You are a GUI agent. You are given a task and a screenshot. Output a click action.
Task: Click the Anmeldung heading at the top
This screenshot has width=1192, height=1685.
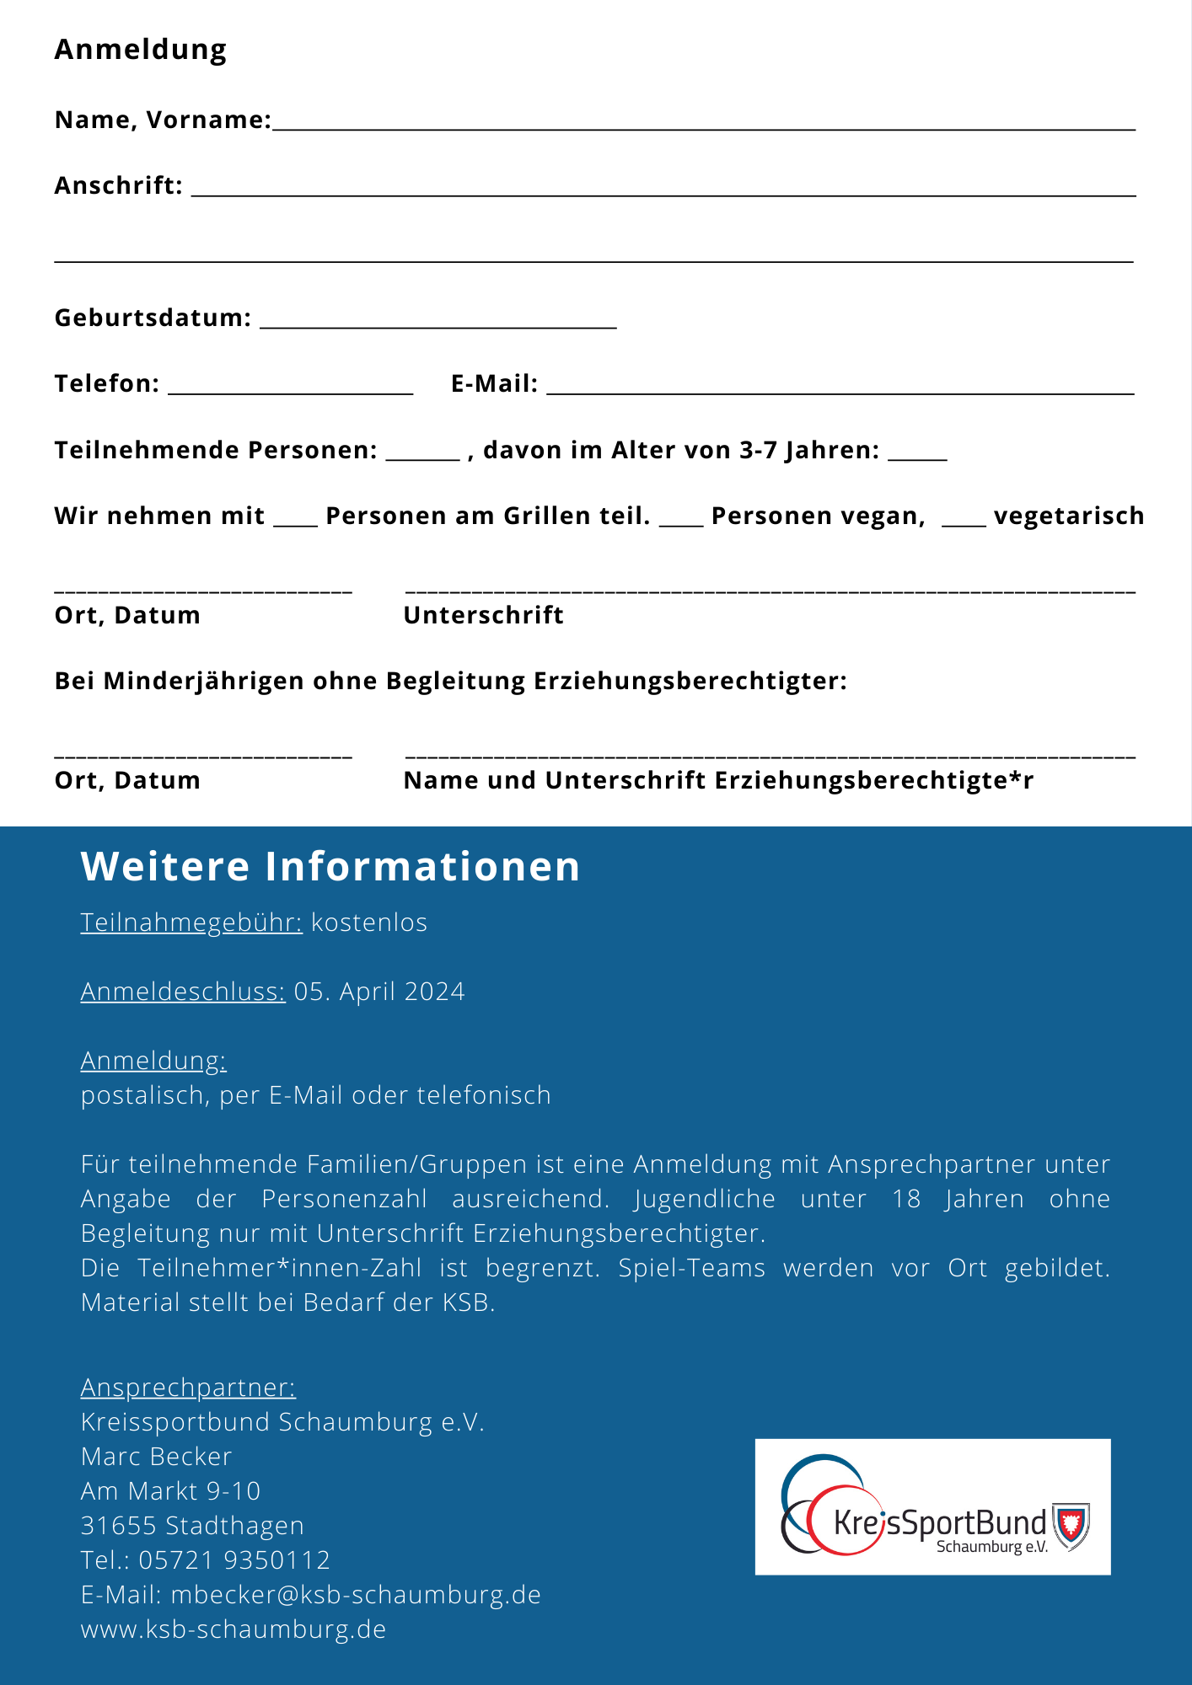pyautogui.click(x=141, y=50)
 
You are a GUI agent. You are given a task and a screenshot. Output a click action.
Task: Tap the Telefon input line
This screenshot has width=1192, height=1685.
pyautogui.click(x=290, y=390)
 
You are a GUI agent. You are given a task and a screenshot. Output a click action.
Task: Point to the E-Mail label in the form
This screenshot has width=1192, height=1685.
pyautogui.click(x=494, y=384)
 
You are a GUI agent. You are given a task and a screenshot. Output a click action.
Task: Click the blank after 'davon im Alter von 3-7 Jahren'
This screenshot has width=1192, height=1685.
pyautogui.click(x=917, y=456)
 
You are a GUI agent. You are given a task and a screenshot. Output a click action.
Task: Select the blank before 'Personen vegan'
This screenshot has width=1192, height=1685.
pyautogui.click(x=680, y=522)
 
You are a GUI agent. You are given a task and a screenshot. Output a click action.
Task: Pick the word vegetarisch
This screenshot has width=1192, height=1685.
pyautogui.click(x=1068, y=516)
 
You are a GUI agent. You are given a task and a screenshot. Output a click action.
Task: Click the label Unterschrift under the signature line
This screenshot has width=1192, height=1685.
pyautogui.click(x=483, y=615)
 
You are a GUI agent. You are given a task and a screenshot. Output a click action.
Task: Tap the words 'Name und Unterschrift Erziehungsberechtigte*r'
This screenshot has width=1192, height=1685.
pyautogui.click(x=718, y=780)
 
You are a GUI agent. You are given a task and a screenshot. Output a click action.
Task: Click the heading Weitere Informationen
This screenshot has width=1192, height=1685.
pyautogui.click(x=330, y=866)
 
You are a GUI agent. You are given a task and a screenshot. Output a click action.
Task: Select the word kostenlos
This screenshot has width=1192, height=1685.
pyautogui.click(x=369, y=923)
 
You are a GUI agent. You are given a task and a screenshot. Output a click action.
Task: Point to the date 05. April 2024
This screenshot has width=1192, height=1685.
pyautogui.click(x=379, y=992)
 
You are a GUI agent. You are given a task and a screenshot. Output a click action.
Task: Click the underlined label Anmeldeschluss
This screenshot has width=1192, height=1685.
pyautogui.click(x=183, y=992)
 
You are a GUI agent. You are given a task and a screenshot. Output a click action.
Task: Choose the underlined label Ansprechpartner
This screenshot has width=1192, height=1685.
pyautogui.click(x=188, y=1387)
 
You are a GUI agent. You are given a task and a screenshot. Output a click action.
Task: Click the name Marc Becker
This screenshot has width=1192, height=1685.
pyautogui.click(x=156, y=1456)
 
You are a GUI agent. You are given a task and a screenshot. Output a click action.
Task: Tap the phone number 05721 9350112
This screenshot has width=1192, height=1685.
pyautogui.click(x=234, y=1559)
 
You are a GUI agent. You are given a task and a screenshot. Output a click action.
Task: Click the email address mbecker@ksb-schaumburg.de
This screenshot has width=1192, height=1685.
pyautogui.click(x=356, y=1594)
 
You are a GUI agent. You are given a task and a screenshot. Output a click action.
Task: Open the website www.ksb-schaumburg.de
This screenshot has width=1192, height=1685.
pyautogui.click(x=234, y=1629)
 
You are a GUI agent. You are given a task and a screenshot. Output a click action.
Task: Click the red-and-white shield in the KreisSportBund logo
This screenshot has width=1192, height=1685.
pyautogui.click(x=1071, y=1525)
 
